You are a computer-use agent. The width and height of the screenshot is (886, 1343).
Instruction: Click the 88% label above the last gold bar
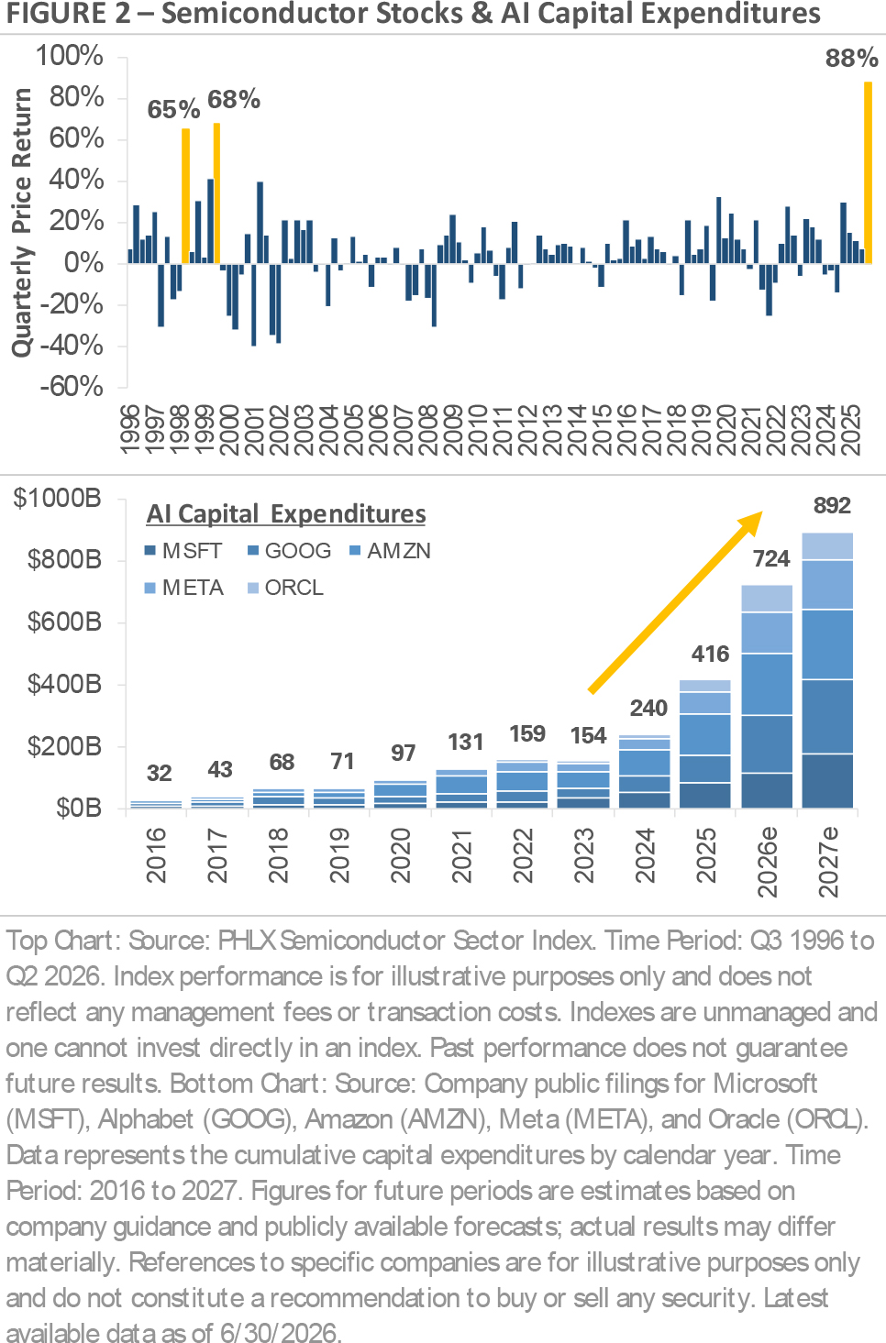[851, 58]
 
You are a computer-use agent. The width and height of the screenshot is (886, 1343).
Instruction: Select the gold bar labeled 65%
[186, 196]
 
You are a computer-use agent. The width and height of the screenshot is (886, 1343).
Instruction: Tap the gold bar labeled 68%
[217, 193]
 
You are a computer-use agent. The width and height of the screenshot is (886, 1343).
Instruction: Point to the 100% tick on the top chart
[70, 56]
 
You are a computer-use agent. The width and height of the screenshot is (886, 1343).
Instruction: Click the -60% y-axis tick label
[72, 387]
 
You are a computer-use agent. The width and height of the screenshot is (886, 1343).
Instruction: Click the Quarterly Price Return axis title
[22, 223]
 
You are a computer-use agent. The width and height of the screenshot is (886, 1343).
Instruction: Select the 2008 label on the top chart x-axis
[428, 430]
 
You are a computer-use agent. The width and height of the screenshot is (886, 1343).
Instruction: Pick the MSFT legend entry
[183, 551]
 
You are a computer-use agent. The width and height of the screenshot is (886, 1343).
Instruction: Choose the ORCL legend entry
[286, 588]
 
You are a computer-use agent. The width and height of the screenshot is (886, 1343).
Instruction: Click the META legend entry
[184, 588]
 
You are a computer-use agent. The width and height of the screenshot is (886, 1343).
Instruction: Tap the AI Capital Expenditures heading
[286, 513]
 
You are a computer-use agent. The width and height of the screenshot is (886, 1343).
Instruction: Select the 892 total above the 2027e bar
[832, 505]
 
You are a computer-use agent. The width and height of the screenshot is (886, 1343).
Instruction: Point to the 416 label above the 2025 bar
[710, 654]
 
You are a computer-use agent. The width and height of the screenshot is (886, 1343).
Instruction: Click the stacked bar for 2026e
[767, 697]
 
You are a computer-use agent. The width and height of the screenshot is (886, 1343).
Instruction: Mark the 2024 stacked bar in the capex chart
[644, 772]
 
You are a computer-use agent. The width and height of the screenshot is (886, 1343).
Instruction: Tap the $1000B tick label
[58, 498]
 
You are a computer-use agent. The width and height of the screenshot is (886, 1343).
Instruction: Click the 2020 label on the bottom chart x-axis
[400, 855]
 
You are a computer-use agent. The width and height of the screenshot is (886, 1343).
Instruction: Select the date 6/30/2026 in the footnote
[279, 1332]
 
